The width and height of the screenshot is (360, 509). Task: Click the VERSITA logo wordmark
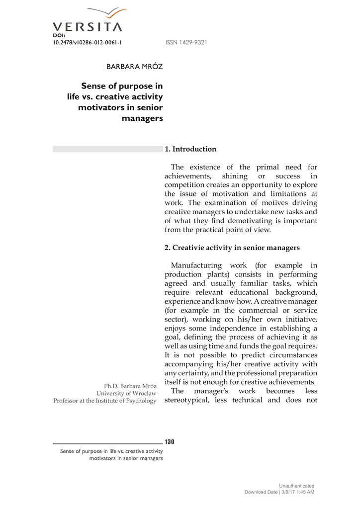[x=87, y=27]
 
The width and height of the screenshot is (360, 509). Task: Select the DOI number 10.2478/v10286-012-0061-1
[x=88, y=43]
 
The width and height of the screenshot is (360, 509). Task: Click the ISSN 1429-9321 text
[x=186, y=43]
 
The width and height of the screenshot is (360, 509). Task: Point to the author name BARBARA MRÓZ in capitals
[x=135, y=67]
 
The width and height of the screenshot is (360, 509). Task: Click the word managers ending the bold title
[x=142, y=118]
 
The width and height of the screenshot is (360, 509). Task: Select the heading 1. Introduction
[x=190, y=149]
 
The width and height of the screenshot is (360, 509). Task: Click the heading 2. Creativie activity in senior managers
[x=232, y=248]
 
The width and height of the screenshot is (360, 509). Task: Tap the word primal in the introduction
[x=269, y=167]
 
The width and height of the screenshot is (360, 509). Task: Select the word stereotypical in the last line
[x=186, y=400]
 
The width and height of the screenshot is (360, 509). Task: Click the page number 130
[x=170, y=442]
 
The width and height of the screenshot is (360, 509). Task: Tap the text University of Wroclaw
[x=130, y=393]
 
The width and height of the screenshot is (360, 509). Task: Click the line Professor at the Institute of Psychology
[x=105, y=401]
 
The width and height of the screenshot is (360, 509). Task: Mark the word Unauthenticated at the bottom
[x=296, y=486]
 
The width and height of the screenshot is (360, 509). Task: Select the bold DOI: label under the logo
[x=59, y=36]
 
